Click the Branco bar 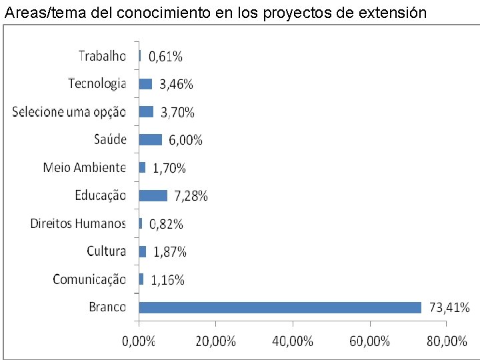pos(280,307)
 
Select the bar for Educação pos(153,195)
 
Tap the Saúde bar pos(150,139)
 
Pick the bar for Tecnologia pos(145,84)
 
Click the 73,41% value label pos(449,308)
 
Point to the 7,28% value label pos(191,196)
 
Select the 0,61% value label pos(165,57)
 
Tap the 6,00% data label pos(185,140)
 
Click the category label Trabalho pos(102,56)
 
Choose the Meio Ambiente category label pos(84,167)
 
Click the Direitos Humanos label pos(78,223)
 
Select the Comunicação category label pos(89,279)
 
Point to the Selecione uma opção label pos(69,112)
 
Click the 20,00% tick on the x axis pos(216,341)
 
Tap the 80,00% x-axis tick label pos(447,341)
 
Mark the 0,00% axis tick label pos(139,341)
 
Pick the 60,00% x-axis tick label pos(370,341)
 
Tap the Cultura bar pos(142,251)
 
